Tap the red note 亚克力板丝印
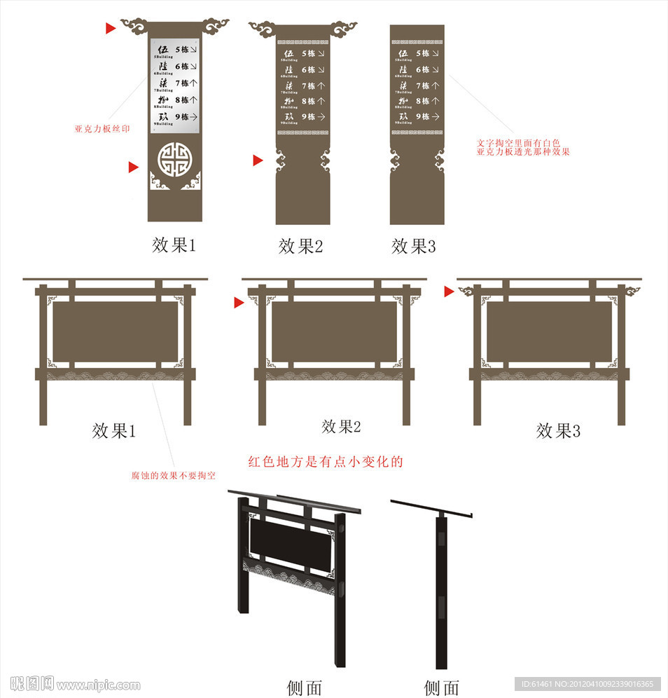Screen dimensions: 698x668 pyautogui.click(x=102, y=129)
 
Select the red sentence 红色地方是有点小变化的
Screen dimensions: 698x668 pyautogui.click(x=326, y=462)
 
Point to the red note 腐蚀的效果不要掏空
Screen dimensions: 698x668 pyautogui.click(x=173, y=475)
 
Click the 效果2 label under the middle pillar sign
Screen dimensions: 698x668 pyautogui.click(x=300, y=246)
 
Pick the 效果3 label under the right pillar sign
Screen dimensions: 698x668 pyautogui.click(x=413, y=246)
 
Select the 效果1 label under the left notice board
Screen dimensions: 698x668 pyautogui.click(x=113, y=430)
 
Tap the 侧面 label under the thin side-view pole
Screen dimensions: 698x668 pyautogui.click(x=442, y=687)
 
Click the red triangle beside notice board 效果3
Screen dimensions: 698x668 pyautogui.click(x=449, y=292)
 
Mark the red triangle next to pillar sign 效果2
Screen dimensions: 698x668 pyautogui.click(x=258, y=160)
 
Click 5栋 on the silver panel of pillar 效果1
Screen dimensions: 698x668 pyautogui.click(x=182, y=50)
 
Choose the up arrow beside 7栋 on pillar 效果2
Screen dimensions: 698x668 pyautogui.click(x=321, y=85)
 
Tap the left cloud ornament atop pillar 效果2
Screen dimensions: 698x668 pyautogui.click(x=263, y=29)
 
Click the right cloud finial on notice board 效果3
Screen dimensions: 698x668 pyautogui.click(x=632, y=290)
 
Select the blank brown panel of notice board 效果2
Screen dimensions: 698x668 pyautogui.click(x=334, y=331)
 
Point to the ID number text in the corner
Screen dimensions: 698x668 pyautogui.click(x=587, y=684)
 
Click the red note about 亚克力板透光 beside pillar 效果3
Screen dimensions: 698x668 pyautogui.click(x=523, y=146)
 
